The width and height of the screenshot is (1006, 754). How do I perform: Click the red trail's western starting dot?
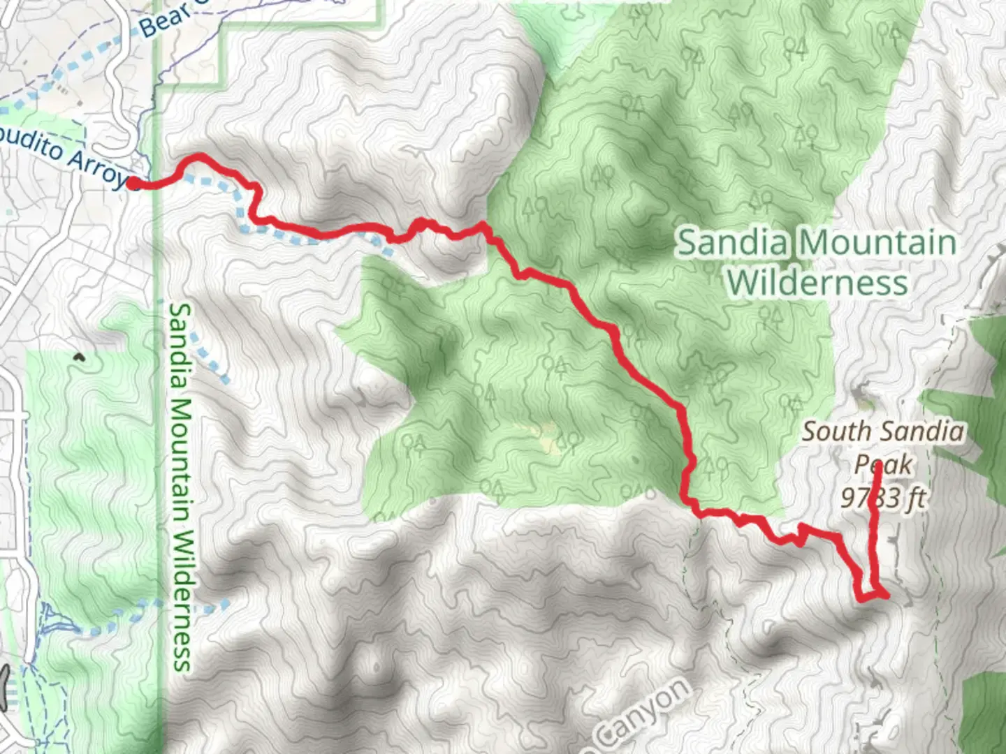(x=133, y=184)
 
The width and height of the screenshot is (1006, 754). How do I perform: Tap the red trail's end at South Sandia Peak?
(x=878, y=465)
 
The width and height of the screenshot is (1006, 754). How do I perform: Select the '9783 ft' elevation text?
(x=883, y=498)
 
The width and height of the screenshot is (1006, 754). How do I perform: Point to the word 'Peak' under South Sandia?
(x=883, y=464)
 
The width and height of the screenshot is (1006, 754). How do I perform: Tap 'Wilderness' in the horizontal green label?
(x=817, y=283)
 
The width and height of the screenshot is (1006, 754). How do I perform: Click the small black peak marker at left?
(x=79, y=358)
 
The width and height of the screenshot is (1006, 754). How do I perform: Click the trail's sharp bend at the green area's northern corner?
(x=482, y=225)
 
